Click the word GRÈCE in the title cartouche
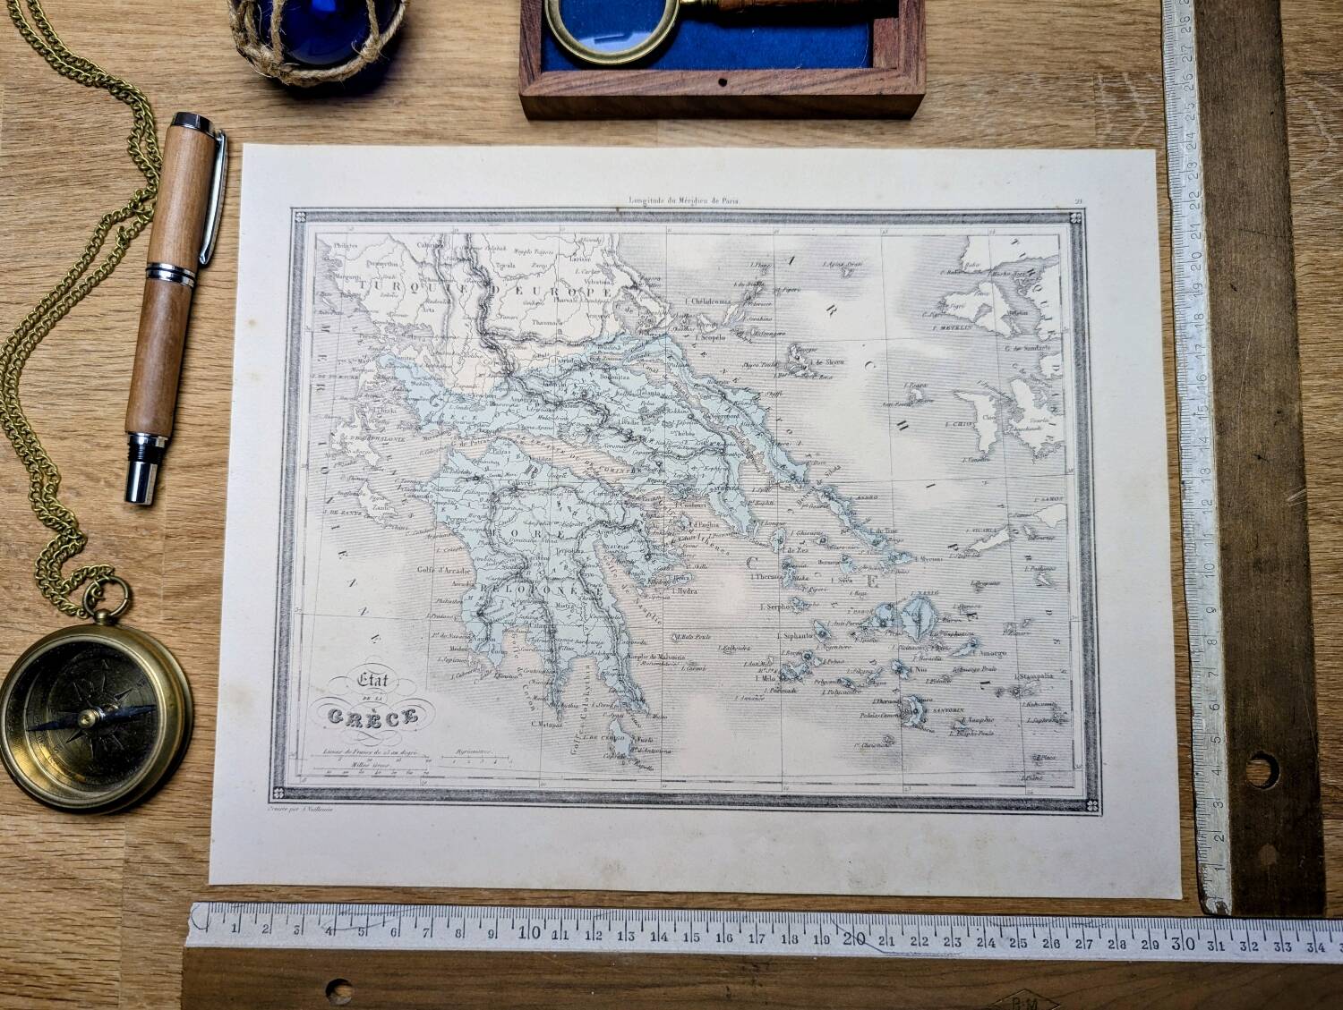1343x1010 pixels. coord(375,716)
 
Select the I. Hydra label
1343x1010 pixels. coord(685,591)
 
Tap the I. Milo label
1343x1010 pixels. coord(764,679)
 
